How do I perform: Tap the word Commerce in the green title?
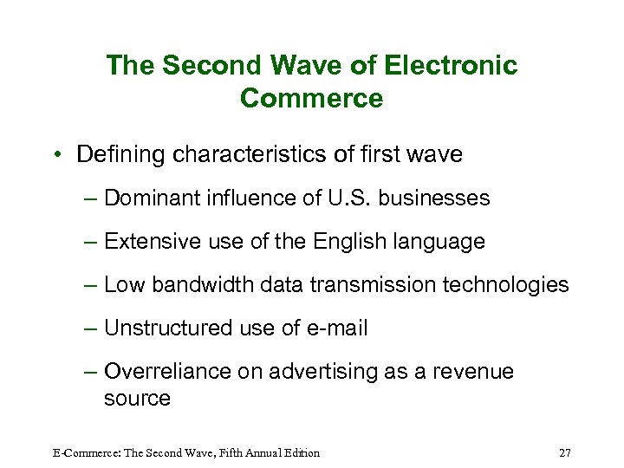pos(311,98)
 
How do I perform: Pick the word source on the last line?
pos(137,398)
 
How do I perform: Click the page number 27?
pos(565,452)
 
